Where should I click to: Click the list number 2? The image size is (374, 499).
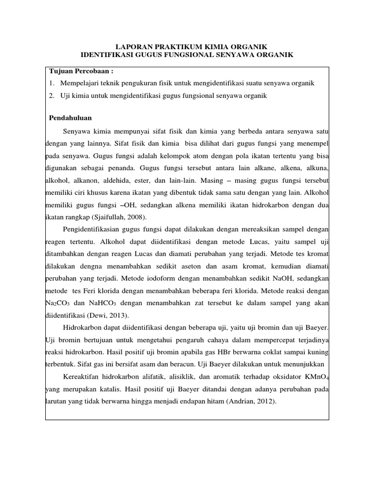click(52, 96)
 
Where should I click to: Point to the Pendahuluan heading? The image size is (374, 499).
click(71, 118)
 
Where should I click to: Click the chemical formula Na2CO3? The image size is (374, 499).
click(58, 303)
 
